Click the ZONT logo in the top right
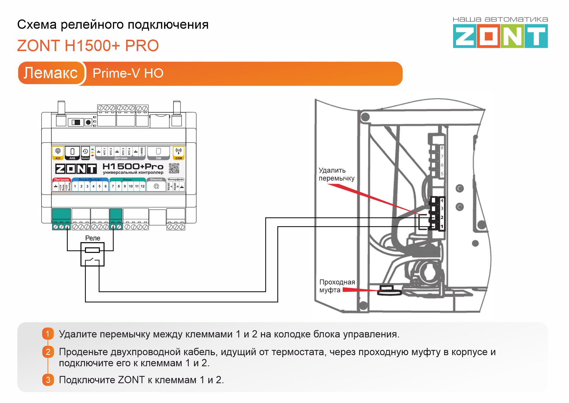click(x=500, y=36)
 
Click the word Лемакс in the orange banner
click(x=51, y=73)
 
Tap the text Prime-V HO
click(x=128, y=73)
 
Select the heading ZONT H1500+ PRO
click(x=88, y=46)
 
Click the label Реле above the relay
click(x=93, y=238)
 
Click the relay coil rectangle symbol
click(x=92, y=250)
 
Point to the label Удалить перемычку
click(x=336, y=174)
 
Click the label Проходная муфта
click(x=337, y=286)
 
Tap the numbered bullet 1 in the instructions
click(x=48, y=334)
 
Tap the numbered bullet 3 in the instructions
click(x=48, y=380)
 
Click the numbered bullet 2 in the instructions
click(x=48, y=352)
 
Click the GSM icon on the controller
click(x=178, y=153)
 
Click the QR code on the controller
click(x=174, y=169)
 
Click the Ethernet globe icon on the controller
click(x=156, y=186)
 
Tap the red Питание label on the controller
click(x=62, y=180)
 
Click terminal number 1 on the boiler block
click(x=442, y=226)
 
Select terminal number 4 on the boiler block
click(x=442, y=201)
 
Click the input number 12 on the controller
click(x=142, y=186)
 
